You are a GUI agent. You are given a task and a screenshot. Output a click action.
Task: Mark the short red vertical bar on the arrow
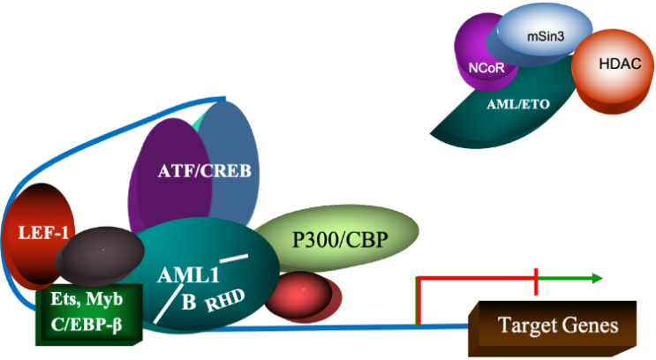click(x=535, y=284)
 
